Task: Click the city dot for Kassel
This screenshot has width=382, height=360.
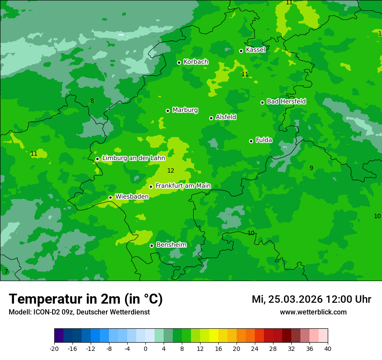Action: (x=241, y=51)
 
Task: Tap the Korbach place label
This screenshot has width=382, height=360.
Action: (x=196, y=62)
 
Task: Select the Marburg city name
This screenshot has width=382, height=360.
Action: (x=185, y=110)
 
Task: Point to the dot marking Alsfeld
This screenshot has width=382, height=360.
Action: (x=211, y=118)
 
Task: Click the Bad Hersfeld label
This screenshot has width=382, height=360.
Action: (x=286, y=101)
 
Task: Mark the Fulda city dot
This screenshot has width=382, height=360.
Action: (x=251, y=141)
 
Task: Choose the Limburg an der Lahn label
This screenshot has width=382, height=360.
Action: (x=133, y=158)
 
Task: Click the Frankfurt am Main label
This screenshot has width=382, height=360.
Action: (x=183, y=186)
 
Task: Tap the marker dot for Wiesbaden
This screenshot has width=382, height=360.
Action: (x=111, y=197)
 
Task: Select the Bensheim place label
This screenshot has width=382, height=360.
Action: (x=171, y=245)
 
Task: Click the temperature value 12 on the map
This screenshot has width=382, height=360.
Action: (x=171, y=171)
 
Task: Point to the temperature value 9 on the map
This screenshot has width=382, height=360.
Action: (x=311, y=168)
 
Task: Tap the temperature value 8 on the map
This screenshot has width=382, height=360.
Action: (x=92, y=101)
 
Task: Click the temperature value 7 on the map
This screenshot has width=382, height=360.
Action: (x=6, y=272)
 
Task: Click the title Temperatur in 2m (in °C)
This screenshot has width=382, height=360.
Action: (x=86, y=299)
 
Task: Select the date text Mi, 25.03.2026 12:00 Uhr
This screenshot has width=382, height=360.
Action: (x=311, y=299)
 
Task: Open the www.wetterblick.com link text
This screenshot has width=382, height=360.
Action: (x=313, y=312)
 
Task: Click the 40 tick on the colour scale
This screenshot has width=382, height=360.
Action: (x=328, y=349)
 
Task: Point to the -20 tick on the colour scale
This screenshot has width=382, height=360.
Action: (x=54, y=349)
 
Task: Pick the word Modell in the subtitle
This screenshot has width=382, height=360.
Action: (x=19, y=312)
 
